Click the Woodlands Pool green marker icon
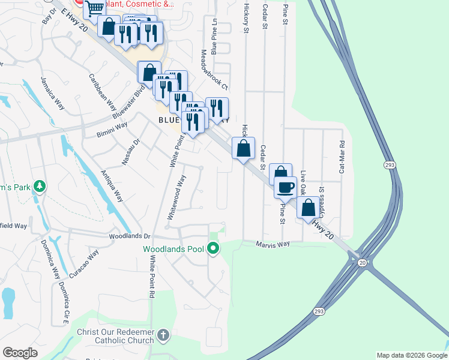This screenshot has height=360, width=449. (x=213, y=248)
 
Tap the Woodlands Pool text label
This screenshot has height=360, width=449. (x=174, y=248)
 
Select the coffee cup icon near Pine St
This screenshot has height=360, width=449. (x=285, y=187)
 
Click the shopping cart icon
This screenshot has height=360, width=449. (x=94, y=8)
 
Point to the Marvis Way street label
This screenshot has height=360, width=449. (x=273, y=244)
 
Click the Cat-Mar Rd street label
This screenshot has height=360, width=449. (x=342, y=157)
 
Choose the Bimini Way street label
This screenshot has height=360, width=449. (x=112, y=130)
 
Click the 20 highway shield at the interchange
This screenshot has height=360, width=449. (x=362, y=263)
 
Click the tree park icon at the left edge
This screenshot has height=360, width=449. (x=40, y=186)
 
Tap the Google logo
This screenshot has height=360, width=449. (x=20, y=353)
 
